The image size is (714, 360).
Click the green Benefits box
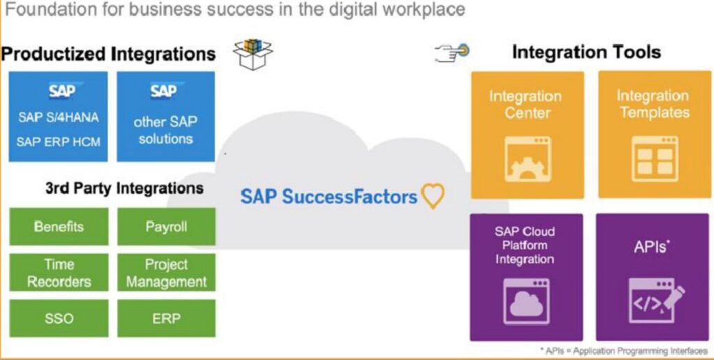pyautogui.click(x=59, y=227)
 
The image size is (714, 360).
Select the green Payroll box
pyautogui.click(x=166, y=227)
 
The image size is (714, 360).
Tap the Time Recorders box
pyautogui.click(x=59, y=273)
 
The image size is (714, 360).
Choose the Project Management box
pyautogui.click(x=166, y=273)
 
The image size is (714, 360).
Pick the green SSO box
pyautogui.click(x=59, y=318)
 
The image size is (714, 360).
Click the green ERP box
pyautogui.click(x=166, y=318)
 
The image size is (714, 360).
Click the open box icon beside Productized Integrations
pyautogui.click(x=252, y=54)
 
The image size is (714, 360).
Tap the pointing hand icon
pyautogui.click(x=452, y=52)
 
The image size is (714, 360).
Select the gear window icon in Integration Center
pyautogui.click(x=528, y=159)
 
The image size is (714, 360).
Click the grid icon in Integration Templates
pyautogui.click(x=655, y=159)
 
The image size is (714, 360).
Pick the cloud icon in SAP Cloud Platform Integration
pyautogui.click(x=526, y=301)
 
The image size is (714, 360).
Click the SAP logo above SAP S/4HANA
pyautogui.click(x=63, y=91)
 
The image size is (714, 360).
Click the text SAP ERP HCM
pyautogui.click(x=59, y=142)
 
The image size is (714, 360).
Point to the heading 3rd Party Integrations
pyautogui.click(x=124, y=188)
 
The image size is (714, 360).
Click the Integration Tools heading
pyautogui.click(x=586, y=52)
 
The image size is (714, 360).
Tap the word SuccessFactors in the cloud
pyautogui.click(x=350, y=197)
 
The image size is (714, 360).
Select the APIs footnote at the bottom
pyautogui.click(x=624, y=351)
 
